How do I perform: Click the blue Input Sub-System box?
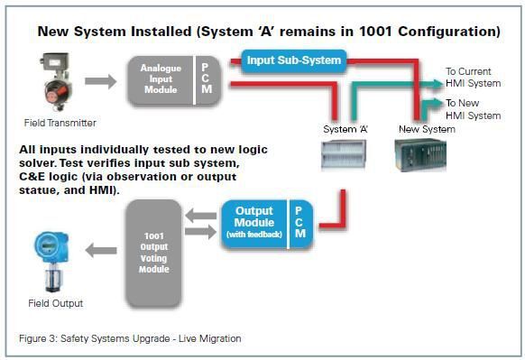293,61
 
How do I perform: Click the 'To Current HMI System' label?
474,77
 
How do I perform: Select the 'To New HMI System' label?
474,109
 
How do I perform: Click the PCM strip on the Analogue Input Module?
206,80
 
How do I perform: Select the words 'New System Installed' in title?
111,32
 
